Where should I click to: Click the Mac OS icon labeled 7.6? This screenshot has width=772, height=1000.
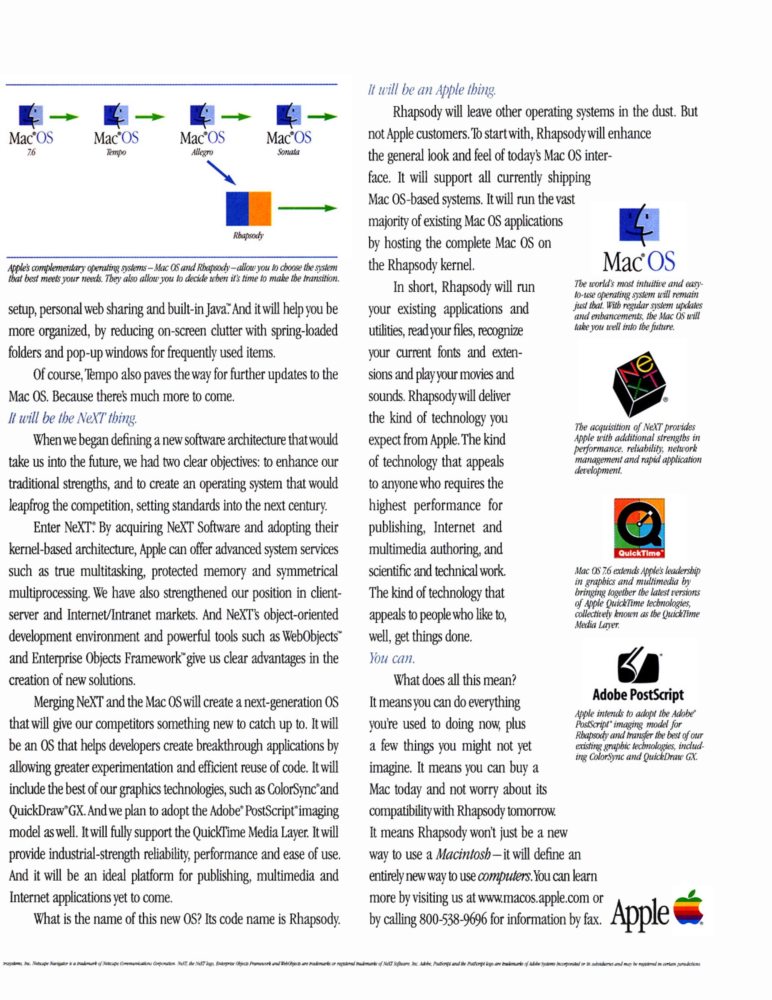[31, 115]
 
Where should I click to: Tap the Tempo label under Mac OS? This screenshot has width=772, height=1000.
[116, 152]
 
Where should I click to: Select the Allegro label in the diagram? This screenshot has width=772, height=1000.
[202, 152]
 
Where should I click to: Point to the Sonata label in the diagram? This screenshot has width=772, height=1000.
[288, 152]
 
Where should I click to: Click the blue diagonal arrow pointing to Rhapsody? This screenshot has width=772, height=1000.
[221, 173]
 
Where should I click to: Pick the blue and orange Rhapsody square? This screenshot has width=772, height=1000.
[249, 209]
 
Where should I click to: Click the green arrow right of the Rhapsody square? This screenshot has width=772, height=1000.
[307, 208]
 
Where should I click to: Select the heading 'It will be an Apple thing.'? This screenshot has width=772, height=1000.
[432, 90]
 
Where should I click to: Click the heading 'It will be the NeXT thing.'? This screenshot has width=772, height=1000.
[72, 418]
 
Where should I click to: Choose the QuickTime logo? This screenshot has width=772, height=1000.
[639, 528]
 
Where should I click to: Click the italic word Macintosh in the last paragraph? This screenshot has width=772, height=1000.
[463, 854]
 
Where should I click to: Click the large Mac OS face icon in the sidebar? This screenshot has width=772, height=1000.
[639, 225]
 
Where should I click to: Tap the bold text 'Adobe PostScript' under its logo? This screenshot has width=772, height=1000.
[638, 695]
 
